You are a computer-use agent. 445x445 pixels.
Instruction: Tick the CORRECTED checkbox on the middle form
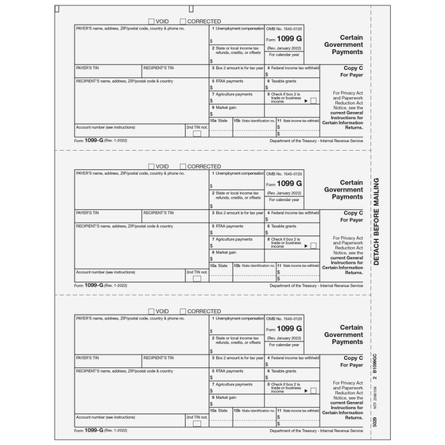click(184, 166)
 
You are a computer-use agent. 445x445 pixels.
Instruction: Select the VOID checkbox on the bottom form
click(153, 311)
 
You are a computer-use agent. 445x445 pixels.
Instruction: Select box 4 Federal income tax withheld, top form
click(290, 75)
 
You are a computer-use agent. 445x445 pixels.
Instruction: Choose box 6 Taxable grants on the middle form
click(290, 231)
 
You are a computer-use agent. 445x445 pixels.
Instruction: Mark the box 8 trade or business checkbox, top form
click(313, 101)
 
